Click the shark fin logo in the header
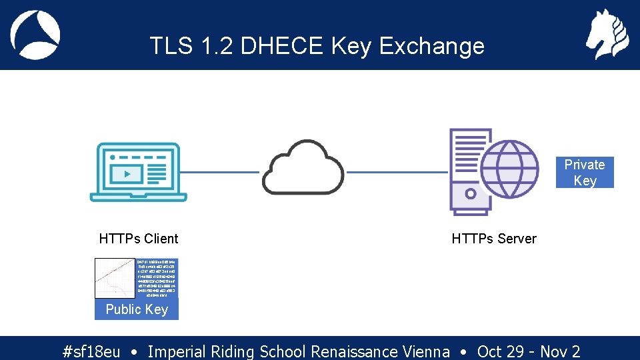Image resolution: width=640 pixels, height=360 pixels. (x=35, y=35)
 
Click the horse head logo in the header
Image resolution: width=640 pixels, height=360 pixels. (x=607, y=35)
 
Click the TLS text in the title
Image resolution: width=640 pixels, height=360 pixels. (x=173, y=46)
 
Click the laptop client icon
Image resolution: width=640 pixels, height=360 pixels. (x=139, y=171)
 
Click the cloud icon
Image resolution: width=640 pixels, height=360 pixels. (x=303, y=167)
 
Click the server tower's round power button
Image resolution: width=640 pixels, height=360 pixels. (x=471, y=194)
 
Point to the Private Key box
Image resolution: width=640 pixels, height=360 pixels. (x=585, y=173)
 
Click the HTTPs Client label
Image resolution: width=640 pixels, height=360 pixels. (x=139, y=239)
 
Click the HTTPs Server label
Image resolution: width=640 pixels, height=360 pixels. (x=494, y=239)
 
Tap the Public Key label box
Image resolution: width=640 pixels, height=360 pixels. (x=137, y=309)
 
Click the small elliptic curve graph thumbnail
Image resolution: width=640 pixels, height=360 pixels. (x=115, y=278)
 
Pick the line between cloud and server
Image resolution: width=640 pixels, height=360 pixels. (x=398, y=172)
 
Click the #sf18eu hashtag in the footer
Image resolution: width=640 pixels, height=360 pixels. (x=91, y=351)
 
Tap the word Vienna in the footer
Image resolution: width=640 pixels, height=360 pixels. (x=425, y=351)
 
